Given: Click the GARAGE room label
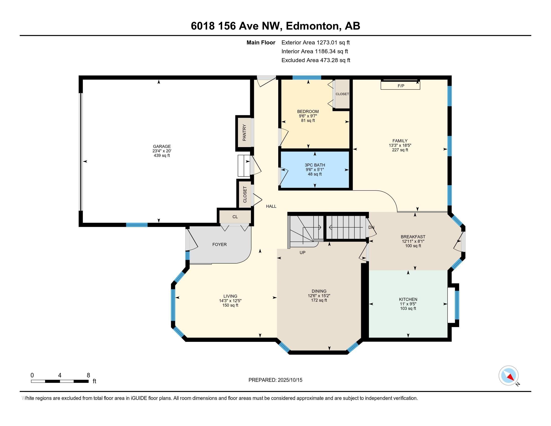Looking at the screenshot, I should pyautogui.click(x=162, y=146).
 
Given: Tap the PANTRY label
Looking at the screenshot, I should pyautogui.click(x=244, y=133).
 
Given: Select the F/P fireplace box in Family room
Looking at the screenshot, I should pyautogui.click(x=400, y=86).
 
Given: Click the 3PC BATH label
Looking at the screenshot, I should pyautogui.click(x=315, y=165).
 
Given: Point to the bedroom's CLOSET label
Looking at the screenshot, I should pyautogui.click(x=342, y=94).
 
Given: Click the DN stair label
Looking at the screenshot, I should pyautogui.click(x=371, y=227).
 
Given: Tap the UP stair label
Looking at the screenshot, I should pyautogui.click(x=302, y=252).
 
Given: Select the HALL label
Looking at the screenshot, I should pyautogui.click(x=271, y=206).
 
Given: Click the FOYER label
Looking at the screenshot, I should pyautogui.click(x=219, y=244).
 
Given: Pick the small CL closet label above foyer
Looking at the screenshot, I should pyautogui.click(x=235, y=217).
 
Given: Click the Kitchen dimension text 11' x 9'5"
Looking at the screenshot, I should pyautogui.click(x=408, y=304).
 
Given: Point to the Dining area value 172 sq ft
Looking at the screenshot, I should pyautogui.click(x=319, y=300).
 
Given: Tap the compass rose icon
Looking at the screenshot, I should pyautogui.click(x=508, y=376).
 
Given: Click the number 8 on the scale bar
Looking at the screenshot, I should pyautogui.click(x=88, y=375).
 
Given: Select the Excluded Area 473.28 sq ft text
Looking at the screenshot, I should pyautogui.click(x=316, y=60).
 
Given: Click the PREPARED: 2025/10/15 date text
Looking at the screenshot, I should pyautogui.click(x=275, y=380).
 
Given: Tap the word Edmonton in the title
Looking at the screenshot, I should pyautogui.click(x=312, y=26).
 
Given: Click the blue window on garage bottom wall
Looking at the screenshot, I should pyautogui.click(x=137, y=225).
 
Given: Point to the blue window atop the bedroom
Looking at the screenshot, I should pyautogui.click(x=307, y=77).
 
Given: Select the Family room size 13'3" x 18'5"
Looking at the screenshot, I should pyautogui.click(x=400, y=145).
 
